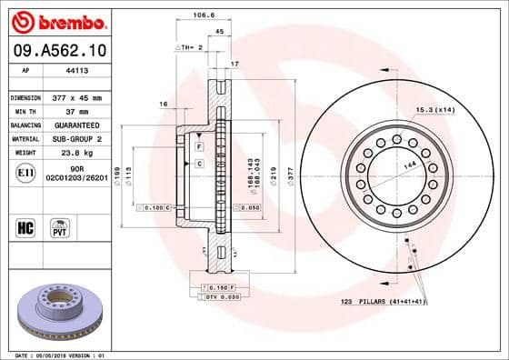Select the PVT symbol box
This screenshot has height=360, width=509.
click(59, 225)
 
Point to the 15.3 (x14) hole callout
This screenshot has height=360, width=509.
click(433, 109)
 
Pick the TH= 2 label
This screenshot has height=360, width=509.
click(189, 45)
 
